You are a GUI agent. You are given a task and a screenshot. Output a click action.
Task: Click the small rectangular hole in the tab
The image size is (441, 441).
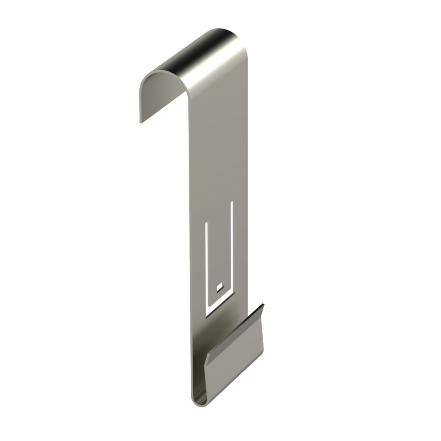pos(219,286)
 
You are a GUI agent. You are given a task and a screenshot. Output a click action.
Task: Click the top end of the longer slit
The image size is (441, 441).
pos(233,202)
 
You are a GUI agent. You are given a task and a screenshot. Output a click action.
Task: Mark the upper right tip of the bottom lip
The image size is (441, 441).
pos(263,305)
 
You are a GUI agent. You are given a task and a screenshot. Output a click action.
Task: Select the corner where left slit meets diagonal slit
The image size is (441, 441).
pos(207,311)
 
